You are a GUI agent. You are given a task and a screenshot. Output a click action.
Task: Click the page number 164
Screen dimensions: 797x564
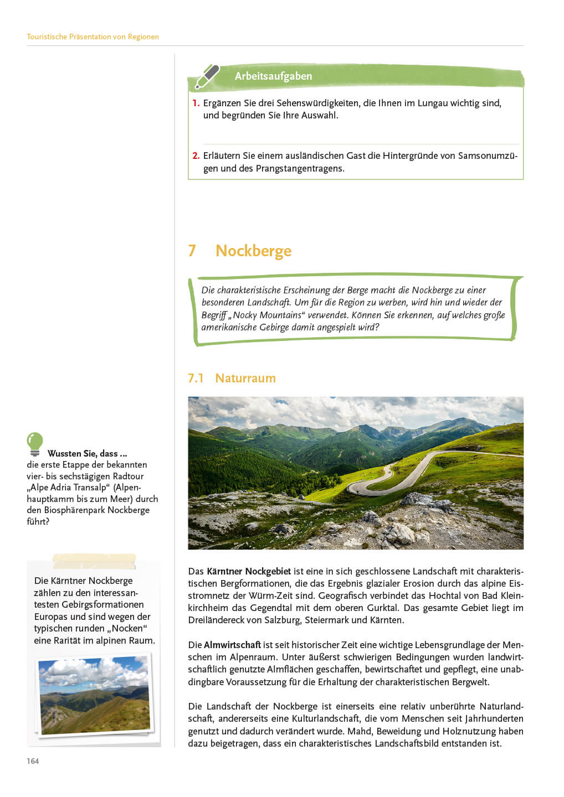(x=33, y=761)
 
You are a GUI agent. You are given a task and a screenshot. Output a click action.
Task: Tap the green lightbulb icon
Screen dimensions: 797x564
(x=35, y=443)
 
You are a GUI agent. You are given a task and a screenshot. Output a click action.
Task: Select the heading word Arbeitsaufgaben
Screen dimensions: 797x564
(x=273, y=76)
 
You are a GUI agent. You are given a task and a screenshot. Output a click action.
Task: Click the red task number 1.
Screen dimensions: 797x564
(x=195, y=103)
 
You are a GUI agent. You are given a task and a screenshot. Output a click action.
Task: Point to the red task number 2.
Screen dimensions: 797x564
(x=196, y=156)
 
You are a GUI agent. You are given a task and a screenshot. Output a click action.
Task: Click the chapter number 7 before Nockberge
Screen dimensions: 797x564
(x=192, y=251)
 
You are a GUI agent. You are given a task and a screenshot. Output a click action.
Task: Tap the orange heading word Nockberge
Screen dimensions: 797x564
(x=253, y=251)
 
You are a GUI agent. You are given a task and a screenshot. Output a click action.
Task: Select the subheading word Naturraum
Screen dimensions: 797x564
(x=245, y=378)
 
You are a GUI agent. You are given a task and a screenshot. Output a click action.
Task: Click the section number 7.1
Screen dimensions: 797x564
(x=196, y=378)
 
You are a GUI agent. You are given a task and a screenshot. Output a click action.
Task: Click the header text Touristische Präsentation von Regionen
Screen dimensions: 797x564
(x=93, y=37)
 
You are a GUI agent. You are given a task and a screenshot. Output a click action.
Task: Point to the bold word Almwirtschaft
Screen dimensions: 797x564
(x=232, y=645)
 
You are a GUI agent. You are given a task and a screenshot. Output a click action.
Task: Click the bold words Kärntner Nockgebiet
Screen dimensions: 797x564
(x=249, y=571)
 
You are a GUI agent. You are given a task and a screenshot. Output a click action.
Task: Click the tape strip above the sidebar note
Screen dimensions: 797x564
(x=94, y=561)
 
